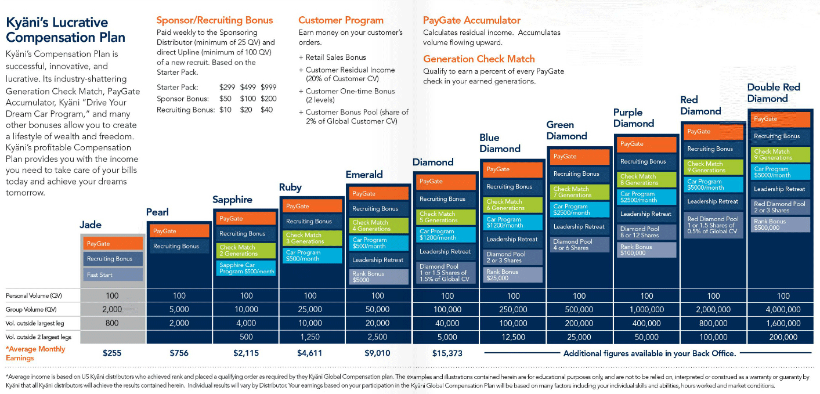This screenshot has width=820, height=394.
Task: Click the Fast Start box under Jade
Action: point(113,274)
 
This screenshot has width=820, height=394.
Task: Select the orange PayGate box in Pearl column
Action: point(179,231)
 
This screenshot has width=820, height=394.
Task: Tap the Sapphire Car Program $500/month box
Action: point(246,268)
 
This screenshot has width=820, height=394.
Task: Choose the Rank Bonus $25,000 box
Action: point(513,274)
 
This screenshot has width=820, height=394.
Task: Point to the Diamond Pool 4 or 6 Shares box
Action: point(579,245)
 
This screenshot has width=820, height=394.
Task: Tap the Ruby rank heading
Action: point(290,187)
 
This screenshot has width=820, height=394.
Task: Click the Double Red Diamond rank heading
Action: point(774,93)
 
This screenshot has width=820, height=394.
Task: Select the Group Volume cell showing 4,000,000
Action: point(783,309)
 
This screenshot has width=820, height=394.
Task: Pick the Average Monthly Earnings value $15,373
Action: point(447,353)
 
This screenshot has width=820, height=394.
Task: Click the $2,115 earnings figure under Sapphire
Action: point(247,353)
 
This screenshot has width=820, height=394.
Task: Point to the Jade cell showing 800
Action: point(112,323)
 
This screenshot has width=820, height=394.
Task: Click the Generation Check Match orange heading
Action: point(479,59)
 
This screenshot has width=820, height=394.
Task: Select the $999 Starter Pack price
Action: point(269,87)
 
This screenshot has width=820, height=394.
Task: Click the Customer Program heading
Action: point(341,20)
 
